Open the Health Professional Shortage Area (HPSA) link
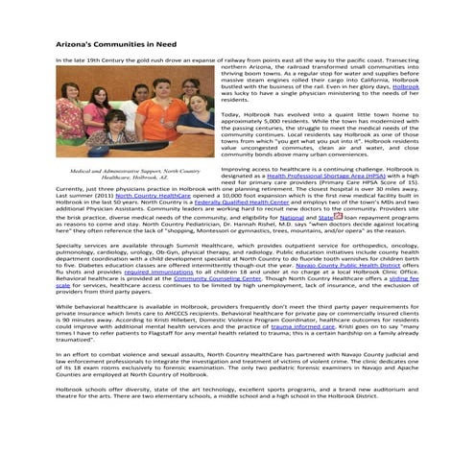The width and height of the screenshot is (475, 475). pos(309,177)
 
